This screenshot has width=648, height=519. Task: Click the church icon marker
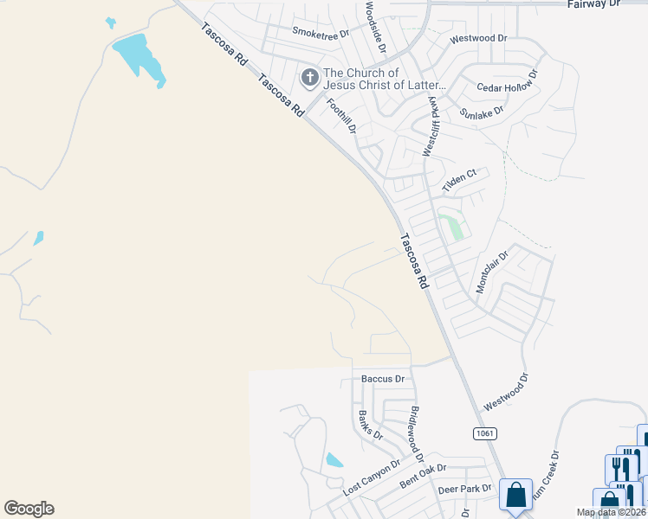309,79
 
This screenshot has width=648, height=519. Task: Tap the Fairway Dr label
594,4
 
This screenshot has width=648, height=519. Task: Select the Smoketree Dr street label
320,33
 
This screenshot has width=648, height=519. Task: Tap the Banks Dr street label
370,425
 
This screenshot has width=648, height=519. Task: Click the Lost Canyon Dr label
372,477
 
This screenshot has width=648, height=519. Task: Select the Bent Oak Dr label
422,477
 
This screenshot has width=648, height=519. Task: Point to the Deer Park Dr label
463,489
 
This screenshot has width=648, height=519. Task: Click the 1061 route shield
485,432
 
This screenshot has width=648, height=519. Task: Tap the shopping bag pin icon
516,497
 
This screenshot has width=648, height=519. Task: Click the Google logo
29,509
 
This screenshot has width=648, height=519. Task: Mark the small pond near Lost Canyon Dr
334,461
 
